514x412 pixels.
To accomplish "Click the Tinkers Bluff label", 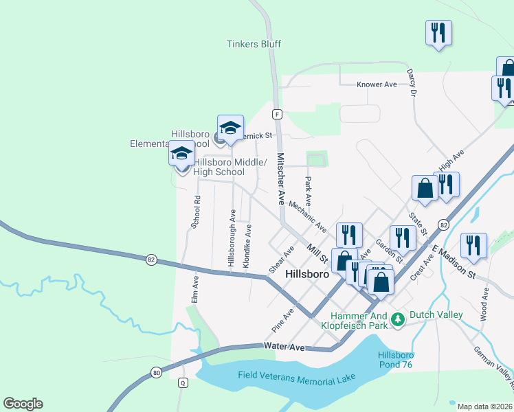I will [x=254, y=45].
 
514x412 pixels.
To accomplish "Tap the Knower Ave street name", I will [x=377, y=84].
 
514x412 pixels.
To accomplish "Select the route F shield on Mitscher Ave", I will [x=276, y=113].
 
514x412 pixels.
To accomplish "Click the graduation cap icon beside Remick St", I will [x=231, y=127].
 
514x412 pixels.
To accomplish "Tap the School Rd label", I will [x=196, y=212].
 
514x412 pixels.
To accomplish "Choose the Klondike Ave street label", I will [x=247, y=245].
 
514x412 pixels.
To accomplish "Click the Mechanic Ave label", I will [x=308, y=216].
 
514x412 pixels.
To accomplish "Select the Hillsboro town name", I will [x=306, y=273].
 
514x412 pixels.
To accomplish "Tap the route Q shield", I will [x=183, y=382].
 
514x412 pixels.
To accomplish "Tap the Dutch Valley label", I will [x=436, y=315].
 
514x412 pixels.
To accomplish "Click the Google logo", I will [x=23, y=404].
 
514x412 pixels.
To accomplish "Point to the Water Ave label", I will [x=284, y=348].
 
